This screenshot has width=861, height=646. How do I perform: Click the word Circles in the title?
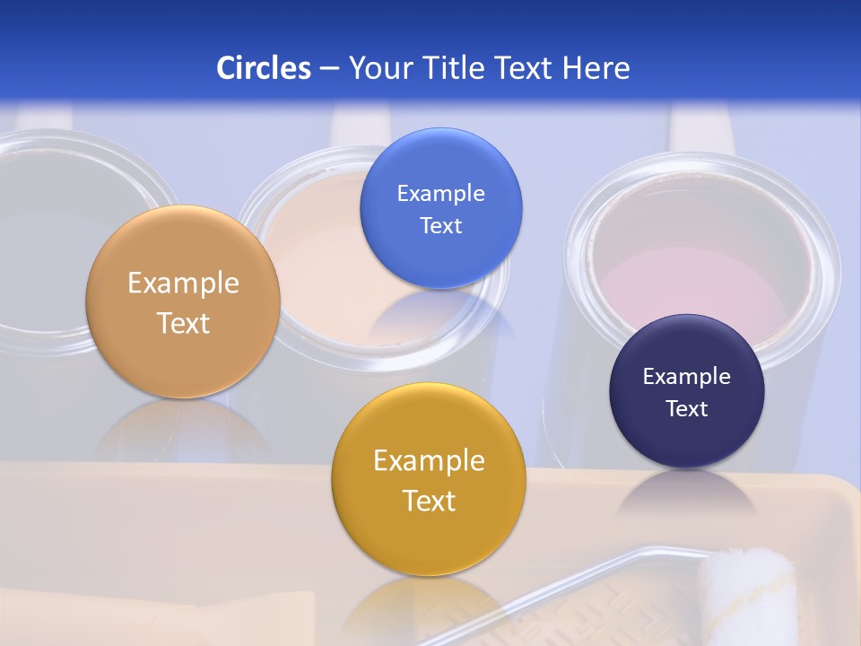263,68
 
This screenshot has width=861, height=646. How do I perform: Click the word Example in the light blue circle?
440,194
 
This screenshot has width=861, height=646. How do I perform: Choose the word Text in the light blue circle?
440,225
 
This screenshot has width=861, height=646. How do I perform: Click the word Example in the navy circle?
687,377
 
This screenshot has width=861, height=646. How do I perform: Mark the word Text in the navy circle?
687,408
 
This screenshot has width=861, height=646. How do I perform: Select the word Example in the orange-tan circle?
183,284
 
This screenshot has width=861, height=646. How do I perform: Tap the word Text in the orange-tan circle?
183,323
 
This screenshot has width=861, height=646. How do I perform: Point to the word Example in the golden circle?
429,461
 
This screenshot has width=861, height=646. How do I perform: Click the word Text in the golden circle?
429,501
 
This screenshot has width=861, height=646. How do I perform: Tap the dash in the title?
329,69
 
